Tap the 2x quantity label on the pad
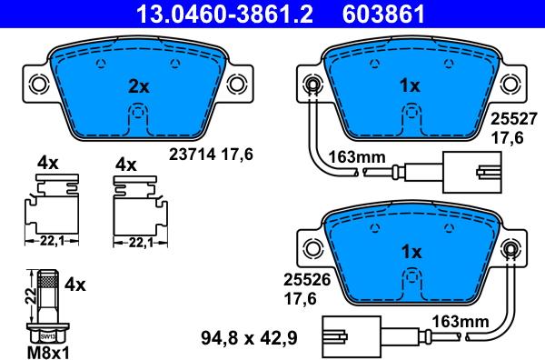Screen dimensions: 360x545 137,87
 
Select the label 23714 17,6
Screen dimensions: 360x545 210,155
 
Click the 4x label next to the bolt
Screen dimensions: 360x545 76,285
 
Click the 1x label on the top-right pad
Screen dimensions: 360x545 410,86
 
